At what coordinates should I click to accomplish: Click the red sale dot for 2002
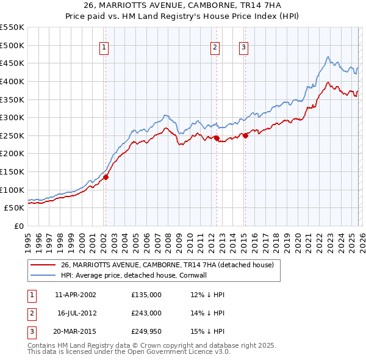click(x=106, y=177)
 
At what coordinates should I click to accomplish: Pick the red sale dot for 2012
click(x=217, y=139)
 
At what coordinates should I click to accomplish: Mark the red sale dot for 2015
click(x=245, y=136)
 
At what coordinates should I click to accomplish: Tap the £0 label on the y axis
click(x=18, y=226)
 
